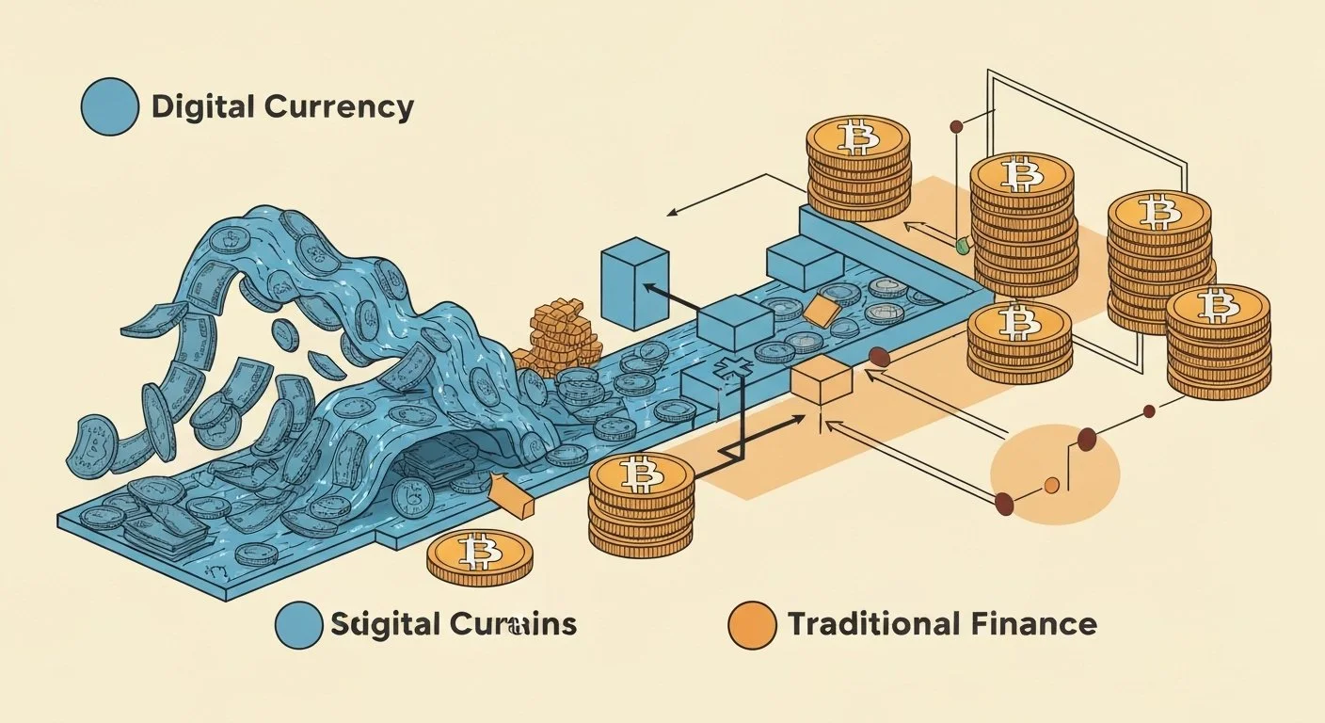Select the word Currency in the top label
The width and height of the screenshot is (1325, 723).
[x=339, y=106]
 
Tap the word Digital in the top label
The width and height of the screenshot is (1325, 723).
[x=203, y=106]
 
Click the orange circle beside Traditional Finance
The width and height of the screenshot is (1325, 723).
[x=753, y=625]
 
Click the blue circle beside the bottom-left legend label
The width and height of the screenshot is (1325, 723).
[x=300, y=625]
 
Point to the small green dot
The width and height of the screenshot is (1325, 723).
[x=961, y=246]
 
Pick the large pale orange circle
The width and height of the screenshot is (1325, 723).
[x=1056, y=473]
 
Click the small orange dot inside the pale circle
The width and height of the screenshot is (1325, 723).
[x=1052, y=485]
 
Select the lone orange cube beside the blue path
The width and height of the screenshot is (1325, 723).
[x=822, y=382]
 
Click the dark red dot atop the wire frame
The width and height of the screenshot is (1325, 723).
[x=957, y=125]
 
